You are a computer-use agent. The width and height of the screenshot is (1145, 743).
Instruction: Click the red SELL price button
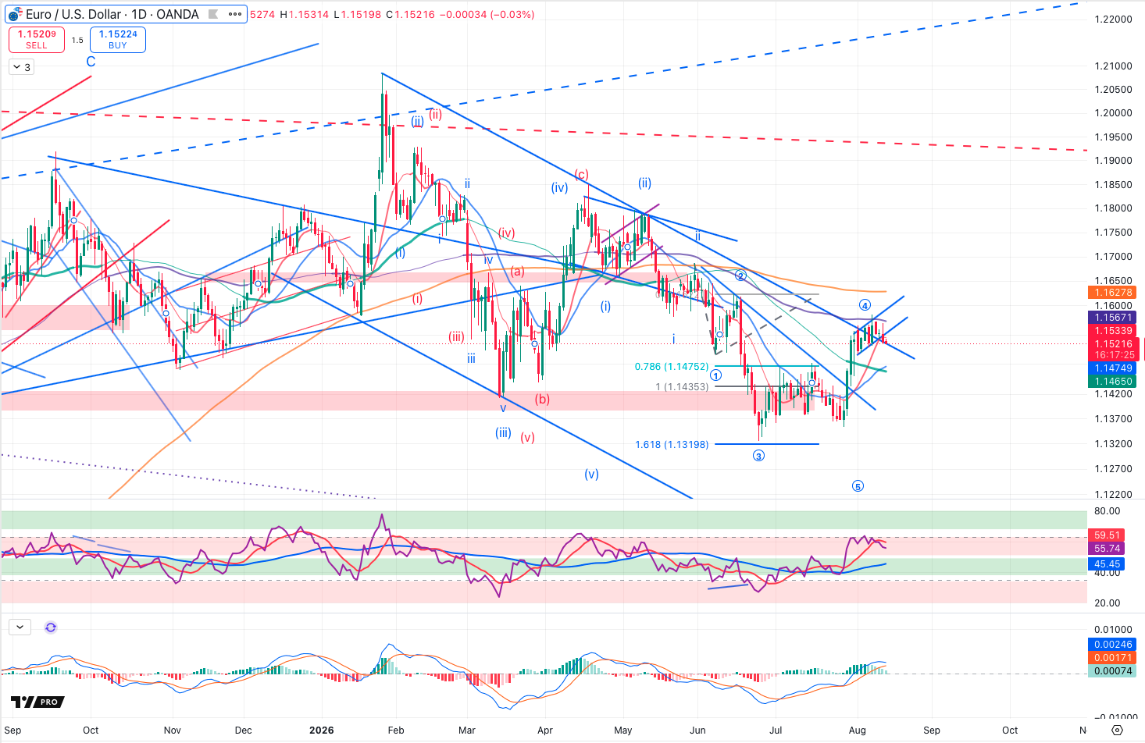[36, 39]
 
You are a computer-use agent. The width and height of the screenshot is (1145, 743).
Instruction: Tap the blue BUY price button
[118, 39]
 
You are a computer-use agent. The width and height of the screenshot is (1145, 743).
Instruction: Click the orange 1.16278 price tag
[1112, 293]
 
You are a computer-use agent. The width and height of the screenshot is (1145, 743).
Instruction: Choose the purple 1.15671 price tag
[1112, 318]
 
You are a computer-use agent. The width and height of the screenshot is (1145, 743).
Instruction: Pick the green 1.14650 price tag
[1112, 382]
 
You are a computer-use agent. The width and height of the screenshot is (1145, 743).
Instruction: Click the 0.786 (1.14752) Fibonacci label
[672, 367]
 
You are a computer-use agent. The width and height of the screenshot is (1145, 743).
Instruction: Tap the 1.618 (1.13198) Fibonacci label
[672, 445]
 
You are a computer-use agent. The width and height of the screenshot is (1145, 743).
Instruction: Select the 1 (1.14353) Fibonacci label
[682, 387]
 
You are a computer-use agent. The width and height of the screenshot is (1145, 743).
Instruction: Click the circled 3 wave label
[758, 456]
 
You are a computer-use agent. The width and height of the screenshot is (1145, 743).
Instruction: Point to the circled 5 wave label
[858, 486]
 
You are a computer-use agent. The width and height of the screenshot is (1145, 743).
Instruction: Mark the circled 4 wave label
[865, 306]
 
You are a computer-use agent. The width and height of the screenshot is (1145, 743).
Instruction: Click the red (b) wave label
[542, 400]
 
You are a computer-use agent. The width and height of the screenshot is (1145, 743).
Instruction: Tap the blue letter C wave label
[91, 62]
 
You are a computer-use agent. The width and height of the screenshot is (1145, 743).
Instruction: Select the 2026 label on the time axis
[322, 731]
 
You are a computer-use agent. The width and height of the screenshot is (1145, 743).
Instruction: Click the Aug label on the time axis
[858, 731]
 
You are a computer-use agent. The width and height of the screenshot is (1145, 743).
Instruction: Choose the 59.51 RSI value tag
[1108, 535]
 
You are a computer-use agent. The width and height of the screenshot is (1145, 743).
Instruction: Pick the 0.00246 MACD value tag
[1112, 645]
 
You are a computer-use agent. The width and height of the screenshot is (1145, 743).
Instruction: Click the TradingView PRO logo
[37, 702]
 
